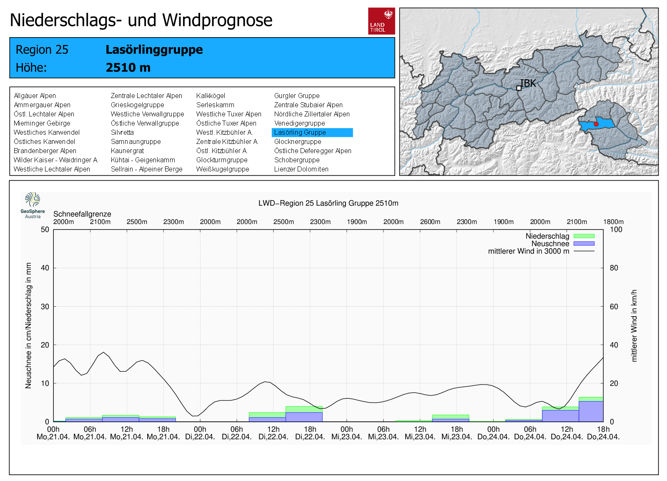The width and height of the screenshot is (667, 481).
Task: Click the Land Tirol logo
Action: [381, 21]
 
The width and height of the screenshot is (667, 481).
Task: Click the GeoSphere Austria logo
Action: [33, 205]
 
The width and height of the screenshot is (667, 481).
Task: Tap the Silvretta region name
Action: [122, 133]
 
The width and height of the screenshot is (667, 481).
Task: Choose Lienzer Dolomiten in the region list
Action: [301, 169]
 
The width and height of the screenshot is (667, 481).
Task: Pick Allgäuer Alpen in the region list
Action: [35, 96]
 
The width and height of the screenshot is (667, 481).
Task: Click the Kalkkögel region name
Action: [211, 96]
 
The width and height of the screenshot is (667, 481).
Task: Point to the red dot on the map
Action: [596, 124]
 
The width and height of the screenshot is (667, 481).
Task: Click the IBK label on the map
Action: [528, 83]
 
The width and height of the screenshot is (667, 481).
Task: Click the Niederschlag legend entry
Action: [547, 236]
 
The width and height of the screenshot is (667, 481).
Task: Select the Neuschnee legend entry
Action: [550, 244]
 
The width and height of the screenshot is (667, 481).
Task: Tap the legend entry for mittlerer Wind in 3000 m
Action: [528, 251]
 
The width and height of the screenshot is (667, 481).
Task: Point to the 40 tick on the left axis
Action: [45, 268]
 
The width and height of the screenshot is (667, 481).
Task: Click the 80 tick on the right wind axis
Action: [614, 268]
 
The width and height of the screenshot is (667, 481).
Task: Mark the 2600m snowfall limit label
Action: [430, 222]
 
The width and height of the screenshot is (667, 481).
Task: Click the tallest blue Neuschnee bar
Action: [591, 411]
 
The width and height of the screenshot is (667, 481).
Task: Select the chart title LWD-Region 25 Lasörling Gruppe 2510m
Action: [328, 203]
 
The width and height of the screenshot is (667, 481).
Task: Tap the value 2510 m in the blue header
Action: [128, 68]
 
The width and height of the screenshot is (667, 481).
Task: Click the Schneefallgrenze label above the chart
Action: [82, 214]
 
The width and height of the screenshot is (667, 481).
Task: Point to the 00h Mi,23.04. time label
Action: [346, 433]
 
